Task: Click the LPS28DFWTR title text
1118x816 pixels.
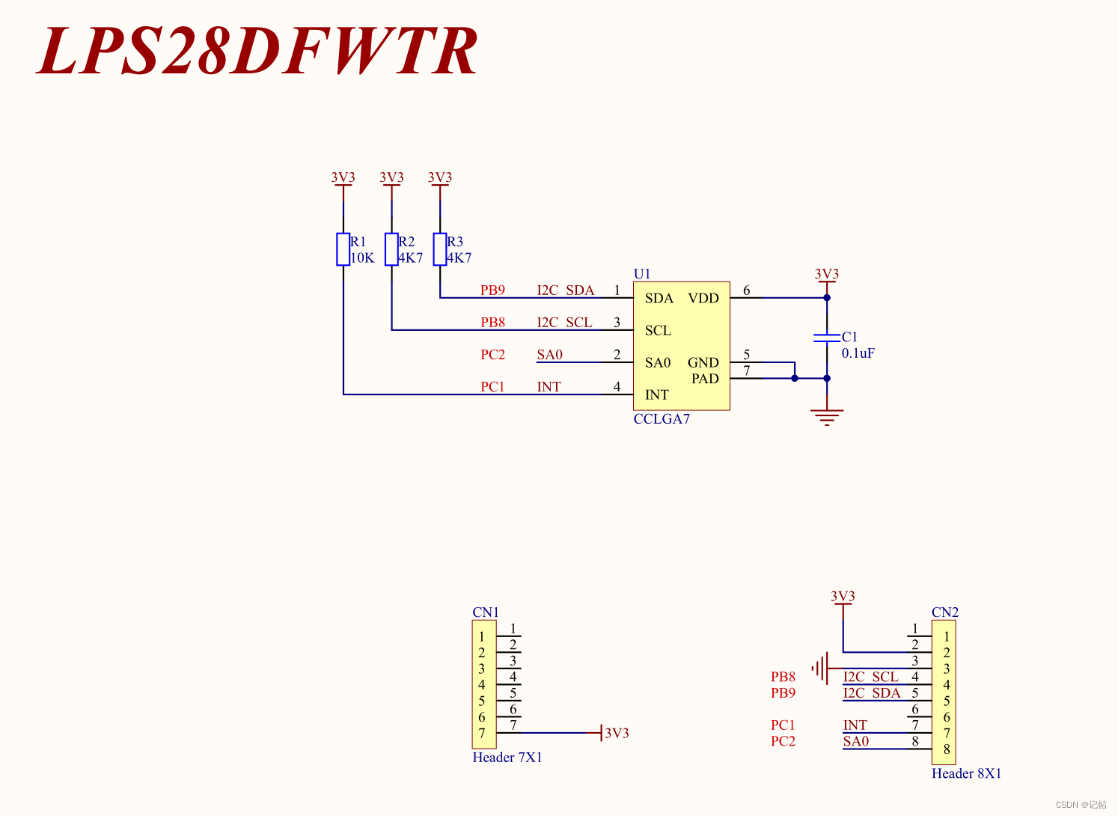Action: (257, 51)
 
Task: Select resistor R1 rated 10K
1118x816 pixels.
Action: (343, 249)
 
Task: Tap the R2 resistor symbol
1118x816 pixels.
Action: (391, 249)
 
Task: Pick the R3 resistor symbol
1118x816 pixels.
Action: (440, 249)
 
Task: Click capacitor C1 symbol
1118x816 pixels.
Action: (827, 338)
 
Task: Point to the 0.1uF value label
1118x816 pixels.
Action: (858, 353)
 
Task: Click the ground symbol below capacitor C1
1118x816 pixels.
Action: (827, 417)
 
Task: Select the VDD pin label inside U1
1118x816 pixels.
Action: (703, 298)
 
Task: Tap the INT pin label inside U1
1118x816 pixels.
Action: (657, 395)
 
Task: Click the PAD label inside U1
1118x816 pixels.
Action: (705, 379)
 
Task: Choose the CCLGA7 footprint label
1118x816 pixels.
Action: (662, 419)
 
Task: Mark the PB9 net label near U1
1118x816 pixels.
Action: (492, 290)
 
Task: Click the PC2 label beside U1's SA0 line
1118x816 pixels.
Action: (492, 355)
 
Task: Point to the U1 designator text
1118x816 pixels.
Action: (642, 274)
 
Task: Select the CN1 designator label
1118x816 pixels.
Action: (486, 612)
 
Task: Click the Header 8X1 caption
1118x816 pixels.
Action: (966, 773)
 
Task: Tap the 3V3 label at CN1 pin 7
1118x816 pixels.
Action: (617, 733)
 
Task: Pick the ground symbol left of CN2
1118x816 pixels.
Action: (820, 668)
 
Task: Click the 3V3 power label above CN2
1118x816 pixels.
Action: (843, 597)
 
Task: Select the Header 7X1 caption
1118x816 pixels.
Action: (507, 758)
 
